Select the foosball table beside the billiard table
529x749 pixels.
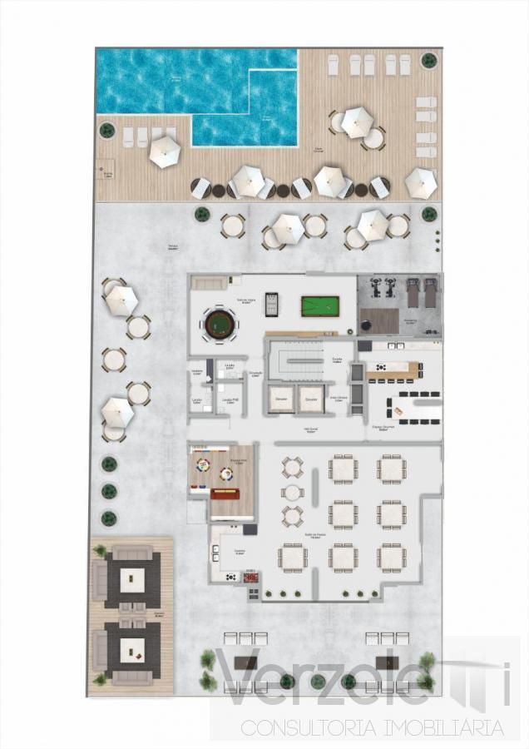271,304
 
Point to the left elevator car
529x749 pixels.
281,399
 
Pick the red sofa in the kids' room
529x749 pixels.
225,494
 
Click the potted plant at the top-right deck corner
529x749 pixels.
428,60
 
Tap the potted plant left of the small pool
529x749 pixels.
106,131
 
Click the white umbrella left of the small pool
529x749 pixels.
165,151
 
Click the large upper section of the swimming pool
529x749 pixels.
196,80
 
